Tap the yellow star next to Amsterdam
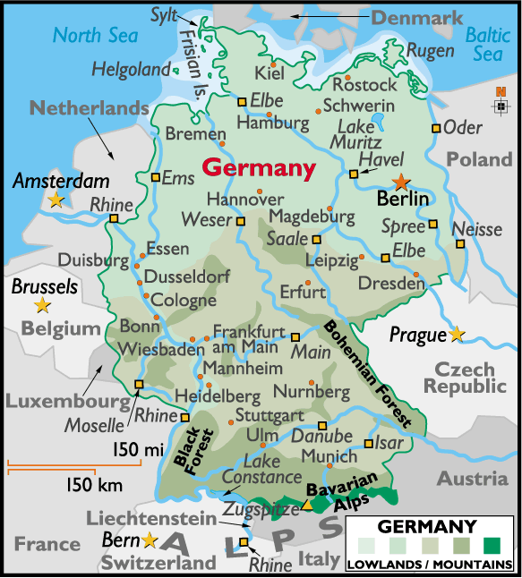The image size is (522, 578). click(56, 200)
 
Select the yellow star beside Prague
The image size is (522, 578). click(457, 334)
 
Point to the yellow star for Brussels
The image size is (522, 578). click(41, 306)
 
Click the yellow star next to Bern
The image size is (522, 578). click(149, 540)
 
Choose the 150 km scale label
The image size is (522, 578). click(94, 485)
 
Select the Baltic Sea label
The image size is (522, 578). click(489, 44)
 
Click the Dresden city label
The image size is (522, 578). click(391, 284)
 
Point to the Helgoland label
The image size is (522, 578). click(130, 69)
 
